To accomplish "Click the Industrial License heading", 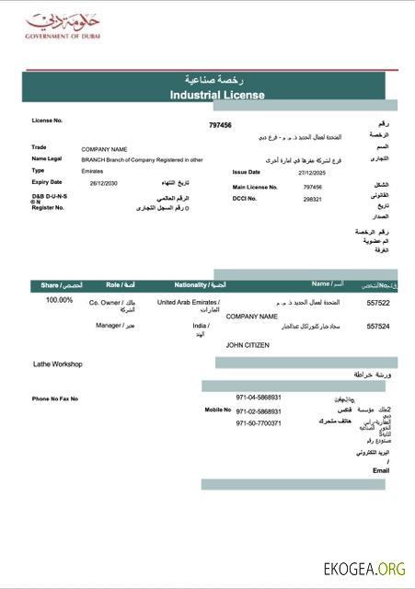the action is pyautogui.click(x=217, y=95).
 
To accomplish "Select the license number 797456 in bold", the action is pyautogui.click(x=220, y=125).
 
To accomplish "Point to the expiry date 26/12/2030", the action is pyautogui.click(x=105, y=183).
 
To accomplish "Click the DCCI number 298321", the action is pyautogui.click(x=313, y=199).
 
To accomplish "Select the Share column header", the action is pyautogui.click(x=61, y=285).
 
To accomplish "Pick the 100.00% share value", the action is pyautogui.click(x=59, y=300).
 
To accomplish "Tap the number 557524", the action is pyautogui.click(x=378, y=326).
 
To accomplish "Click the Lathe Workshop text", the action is pyautogui.click(x=58, y=364).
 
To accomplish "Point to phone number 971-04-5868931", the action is pyautogui.click(x=259, y=398).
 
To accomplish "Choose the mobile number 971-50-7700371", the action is pyautogui.click(x=259, y=423).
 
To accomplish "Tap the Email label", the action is pyautogui.click(x=381, y=470).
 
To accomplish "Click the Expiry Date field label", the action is pyautogui.click(x=47, y=182).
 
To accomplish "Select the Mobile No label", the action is pyautogui.click(x=217, y=410).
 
